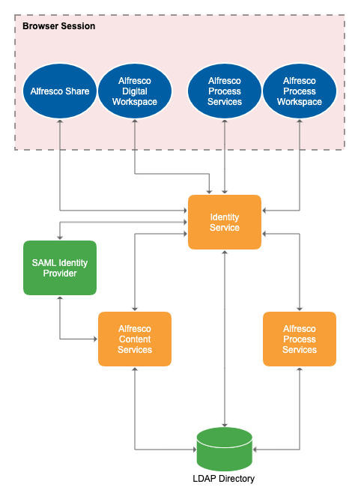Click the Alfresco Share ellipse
pyautogui.click(x=60, y=91)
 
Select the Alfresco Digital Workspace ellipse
pyautogui.click(x=135, y=91)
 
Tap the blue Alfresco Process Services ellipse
pyautogui.click(x=225, y=91)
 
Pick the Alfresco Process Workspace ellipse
pyautogui.click(x=300, y=91)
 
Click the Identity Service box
pyautogui.click(x=225, y=222)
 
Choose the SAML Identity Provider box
pyautogui.click(x=60, y=267)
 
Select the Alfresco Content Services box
pyautogui.click(x=135, y=339)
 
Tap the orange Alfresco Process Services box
pyautogui.click(x=300, y=339)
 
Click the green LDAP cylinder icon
pyautogui.click(x=225, y=449)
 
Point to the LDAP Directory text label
pyautogui.click(x=225, y=480)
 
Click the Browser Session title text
pyautogui.click(x=58, y=25)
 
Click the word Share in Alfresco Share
pyautogui.click(x=76, y=91)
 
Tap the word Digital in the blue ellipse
pyautogui.click(x=135, y=91)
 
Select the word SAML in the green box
pyautogui.click(x=43, y=262)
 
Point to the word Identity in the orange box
pyautogui.click(x=225, y=217)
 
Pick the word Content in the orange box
pyautogui.click(x=135, y=339)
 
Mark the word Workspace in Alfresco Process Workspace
pyautogui.click(x=300, y=102)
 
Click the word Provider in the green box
pyautogui.click(x=60, y=273)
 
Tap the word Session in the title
pyautogui.click(x=78, y=25)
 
